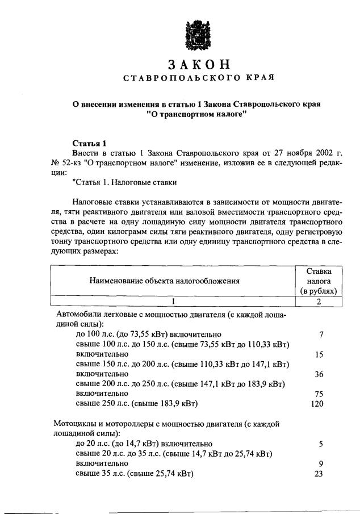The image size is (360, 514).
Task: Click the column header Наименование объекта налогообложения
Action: pyautogui.click(x=164, y=280)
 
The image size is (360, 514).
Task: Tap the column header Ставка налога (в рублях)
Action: pyautogui.click(x=319, y=280)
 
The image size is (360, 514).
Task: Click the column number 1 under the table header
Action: pyautogui.click(x=173, y=302)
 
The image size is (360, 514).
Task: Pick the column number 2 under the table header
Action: pyautogui.click(x=319, y=302)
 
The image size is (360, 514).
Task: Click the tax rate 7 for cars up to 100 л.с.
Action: pyautogui.click(x=321, y=335)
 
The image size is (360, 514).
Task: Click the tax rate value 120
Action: pyautogui.click(x=317, y=404)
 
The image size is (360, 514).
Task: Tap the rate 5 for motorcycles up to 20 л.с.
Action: pyautogui.click(x=321, y=444)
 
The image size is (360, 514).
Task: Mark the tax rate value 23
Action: pyautogui.click(x=319, y=473)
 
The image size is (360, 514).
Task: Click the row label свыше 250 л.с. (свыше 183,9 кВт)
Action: pyautogui.click(x=136, y=404)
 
